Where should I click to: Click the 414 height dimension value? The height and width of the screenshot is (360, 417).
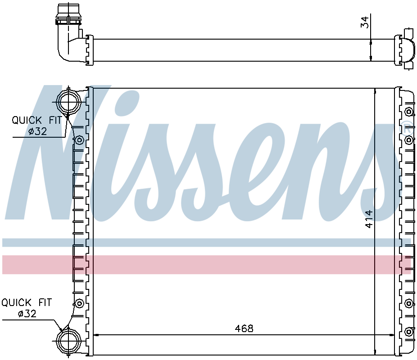[x=369, y=219]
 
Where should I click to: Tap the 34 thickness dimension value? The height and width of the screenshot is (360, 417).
[x=365, y=22]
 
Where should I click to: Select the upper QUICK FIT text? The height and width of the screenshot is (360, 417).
[x=36, y=120]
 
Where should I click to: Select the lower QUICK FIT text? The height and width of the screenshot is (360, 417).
[x=26, y=302]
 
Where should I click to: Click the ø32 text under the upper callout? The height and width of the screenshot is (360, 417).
[x=37, y=131]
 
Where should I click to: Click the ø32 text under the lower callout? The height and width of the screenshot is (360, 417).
[x=27, y=314]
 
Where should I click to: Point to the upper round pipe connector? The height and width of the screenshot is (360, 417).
[x=68, y=102]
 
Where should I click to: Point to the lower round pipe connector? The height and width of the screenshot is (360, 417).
[x=68, y=341]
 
